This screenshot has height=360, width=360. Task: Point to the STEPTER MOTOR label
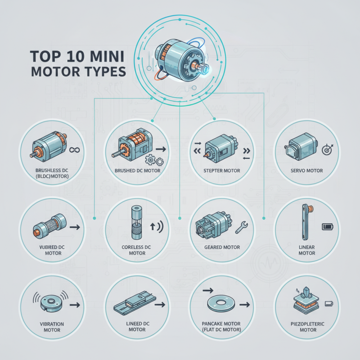(x=222, y=171)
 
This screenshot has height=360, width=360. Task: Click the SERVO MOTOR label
(x=307, y=171)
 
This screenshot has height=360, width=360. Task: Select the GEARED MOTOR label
(x=222, y=247)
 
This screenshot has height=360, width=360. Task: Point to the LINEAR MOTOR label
(x=307, y=250)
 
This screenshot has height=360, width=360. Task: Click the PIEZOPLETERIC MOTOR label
(x=307, y=327)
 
